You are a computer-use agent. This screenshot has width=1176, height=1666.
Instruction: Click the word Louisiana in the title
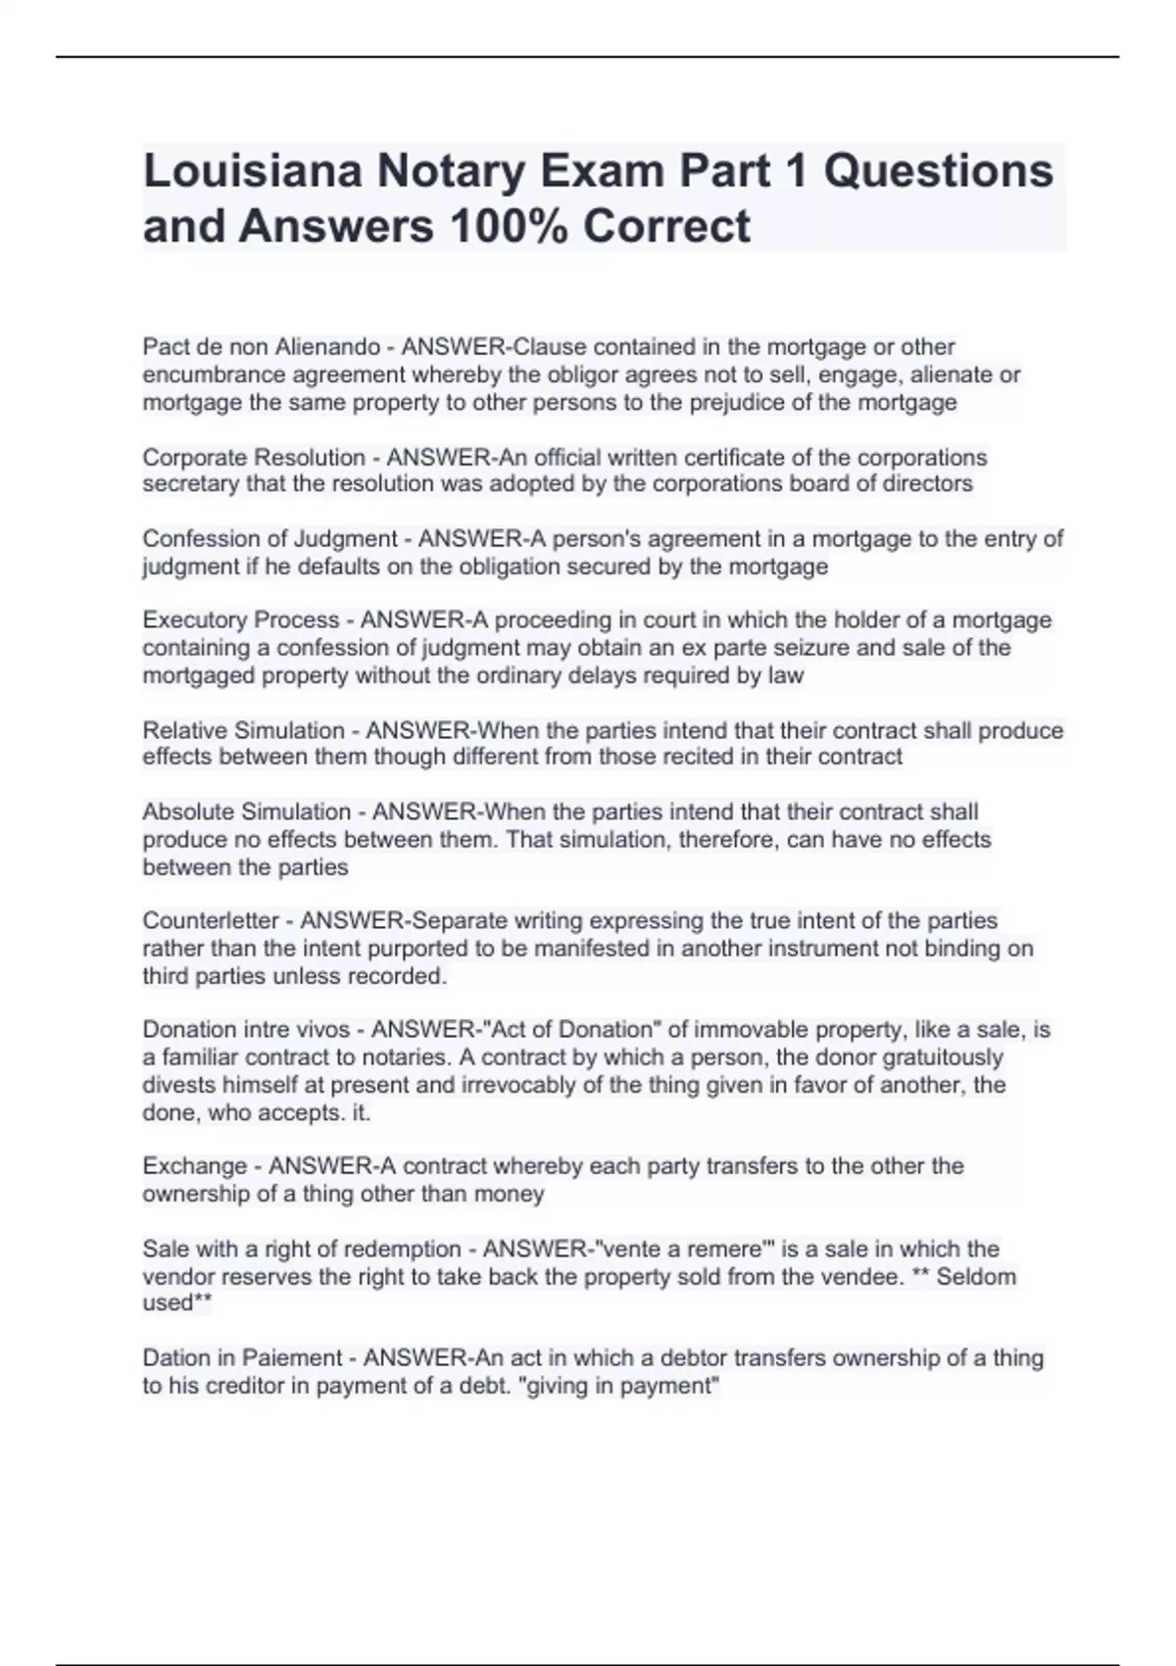coord(251,171)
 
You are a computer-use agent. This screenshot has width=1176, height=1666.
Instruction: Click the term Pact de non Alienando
coord(261,347)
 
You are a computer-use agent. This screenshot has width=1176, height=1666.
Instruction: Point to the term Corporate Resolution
coord(254,458)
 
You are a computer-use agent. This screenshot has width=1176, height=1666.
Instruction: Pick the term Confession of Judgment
coord(269,539)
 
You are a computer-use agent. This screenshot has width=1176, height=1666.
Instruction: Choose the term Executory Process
coord(240,620)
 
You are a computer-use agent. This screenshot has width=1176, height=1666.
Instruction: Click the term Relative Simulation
coord(243,731)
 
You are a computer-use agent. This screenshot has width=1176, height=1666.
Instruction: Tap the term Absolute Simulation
coord(246,812)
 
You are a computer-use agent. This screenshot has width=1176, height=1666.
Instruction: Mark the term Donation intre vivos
coord(246,1030)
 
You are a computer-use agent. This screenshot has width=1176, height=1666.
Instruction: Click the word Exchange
coord(194,1166)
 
